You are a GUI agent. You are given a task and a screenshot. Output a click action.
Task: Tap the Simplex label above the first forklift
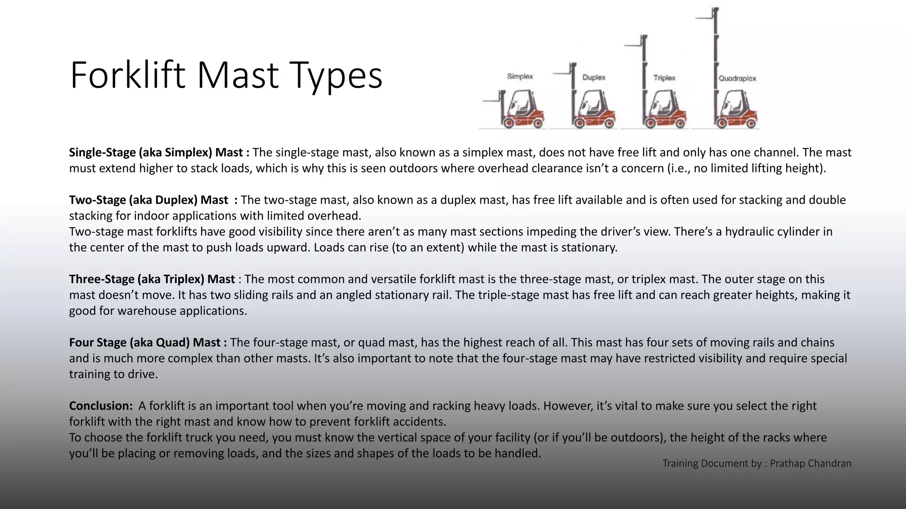pos(520,76)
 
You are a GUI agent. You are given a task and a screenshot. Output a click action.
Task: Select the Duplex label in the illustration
pos(594,77)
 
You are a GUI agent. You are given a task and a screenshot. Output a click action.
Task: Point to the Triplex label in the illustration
pos(664,78)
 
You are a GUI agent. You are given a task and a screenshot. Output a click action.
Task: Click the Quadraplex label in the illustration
pos(737,79)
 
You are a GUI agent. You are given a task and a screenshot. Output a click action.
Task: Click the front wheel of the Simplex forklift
pos(509,123)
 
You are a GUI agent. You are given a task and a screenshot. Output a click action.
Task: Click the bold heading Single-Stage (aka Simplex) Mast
pos(159,152)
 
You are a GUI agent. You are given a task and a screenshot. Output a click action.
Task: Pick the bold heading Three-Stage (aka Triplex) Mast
pos(152,279)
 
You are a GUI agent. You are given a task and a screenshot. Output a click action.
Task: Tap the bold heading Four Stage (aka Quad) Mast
pos(147,342)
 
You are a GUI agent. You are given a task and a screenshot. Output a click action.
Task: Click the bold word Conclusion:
pos(100,406)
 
